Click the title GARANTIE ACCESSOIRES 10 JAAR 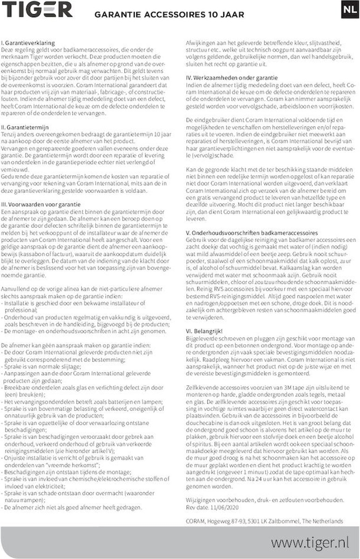pyautogui.click(x=169, y=15)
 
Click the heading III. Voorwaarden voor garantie pyautogui.click(x=41, y=205)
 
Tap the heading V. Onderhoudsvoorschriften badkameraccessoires pyautogui.click(x=251, y=232)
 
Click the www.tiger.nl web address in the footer pyautogui.click(x=309, y=542)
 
